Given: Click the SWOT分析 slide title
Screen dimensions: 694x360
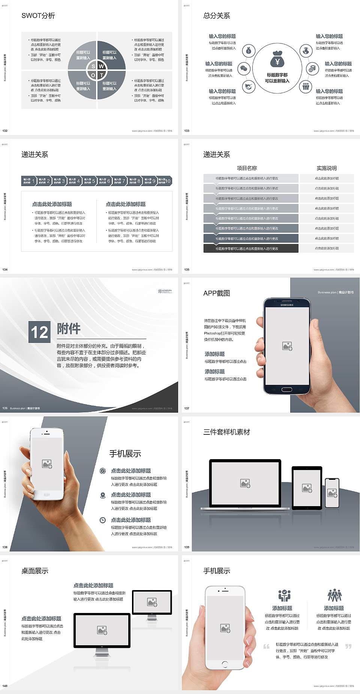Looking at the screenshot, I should pyautogui.click(x=38, y=16).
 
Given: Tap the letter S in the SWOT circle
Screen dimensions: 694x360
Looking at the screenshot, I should pyautogui.click(x=93, y=66).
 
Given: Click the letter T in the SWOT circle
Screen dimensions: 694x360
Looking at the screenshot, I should pyautogui.click(x=102, y=75).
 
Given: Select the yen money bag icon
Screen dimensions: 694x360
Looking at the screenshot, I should pyautogui.click(x=277, y=60).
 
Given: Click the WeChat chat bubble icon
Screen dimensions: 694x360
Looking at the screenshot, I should pyautogui.click(x=244, y=69).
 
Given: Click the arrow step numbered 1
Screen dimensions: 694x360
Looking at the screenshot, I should pyautogui.click(x=29, y=181).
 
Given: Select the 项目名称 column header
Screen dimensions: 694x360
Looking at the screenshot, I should pyautogui.click(x=247, y=168).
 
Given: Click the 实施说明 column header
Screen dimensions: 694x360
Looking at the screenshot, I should pyautogui.click(x=327, y=168).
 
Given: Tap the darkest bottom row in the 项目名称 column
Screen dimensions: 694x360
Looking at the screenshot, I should pyautogui.click(x=250, y=248).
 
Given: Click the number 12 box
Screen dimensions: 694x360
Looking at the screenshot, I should pyautogui.click(x=39, y=332).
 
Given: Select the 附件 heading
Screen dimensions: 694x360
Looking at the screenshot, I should pyautogui.click(x=69, y=329).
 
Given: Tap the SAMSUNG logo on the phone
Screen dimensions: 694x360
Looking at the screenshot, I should pyautogui.click(x=287, y=305).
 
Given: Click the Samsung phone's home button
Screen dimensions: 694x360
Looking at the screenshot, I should pyautogui.click(x=286, y=389).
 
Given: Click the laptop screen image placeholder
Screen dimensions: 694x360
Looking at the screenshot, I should pyautogui.click(x=245, y=483).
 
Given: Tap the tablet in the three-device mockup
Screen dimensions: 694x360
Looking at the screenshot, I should pyautogui.click(x=307, y=488).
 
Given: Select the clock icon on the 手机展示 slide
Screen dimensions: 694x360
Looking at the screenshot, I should pyautogui.click(x=103, y=520).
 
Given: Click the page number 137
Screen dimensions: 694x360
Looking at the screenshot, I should pyautogui.click(x=187, y=408).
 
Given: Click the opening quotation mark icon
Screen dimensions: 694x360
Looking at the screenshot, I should pyautogui.click(x=266, y=646).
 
